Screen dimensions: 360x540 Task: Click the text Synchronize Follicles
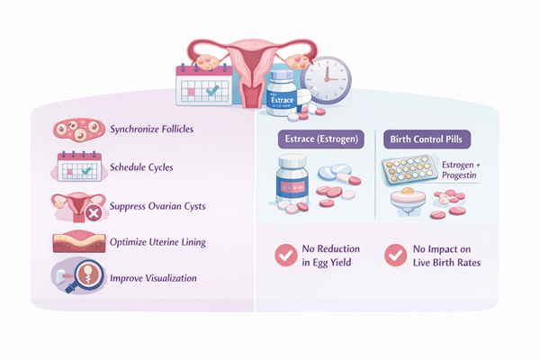pos(151,130)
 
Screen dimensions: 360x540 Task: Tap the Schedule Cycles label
pos(142,167)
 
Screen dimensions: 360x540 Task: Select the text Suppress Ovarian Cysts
pos(157,206)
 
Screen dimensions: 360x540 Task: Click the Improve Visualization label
pos(153,278)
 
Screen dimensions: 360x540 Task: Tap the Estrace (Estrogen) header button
pos(317,139)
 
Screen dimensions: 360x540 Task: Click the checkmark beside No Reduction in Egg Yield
pos(287,255)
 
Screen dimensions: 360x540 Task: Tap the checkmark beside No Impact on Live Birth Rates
pos(394,255)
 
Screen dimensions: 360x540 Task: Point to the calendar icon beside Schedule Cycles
pos(77,168)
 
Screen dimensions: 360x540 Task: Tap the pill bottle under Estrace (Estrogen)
pos(298,188)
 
